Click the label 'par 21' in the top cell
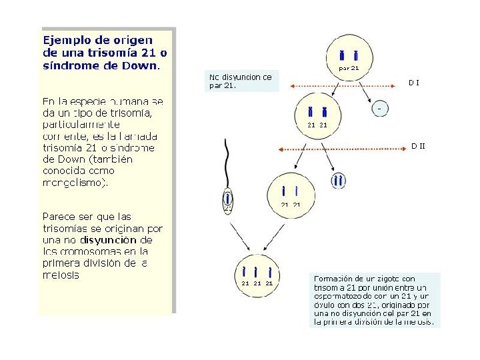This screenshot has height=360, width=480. tap(349, 67)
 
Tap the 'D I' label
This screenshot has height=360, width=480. tap(413, 83)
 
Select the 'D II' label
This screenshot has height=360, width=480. tap(417, 145)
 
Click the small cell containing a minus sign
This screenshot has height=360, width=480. tap(379, 107)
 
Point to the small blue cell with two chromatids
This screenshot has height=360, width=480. tap(339, 180)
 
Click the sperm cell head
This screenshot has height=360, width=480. tap(228, 199)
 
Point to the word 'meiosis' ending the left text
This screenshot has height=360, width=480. tap(60, 275)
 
